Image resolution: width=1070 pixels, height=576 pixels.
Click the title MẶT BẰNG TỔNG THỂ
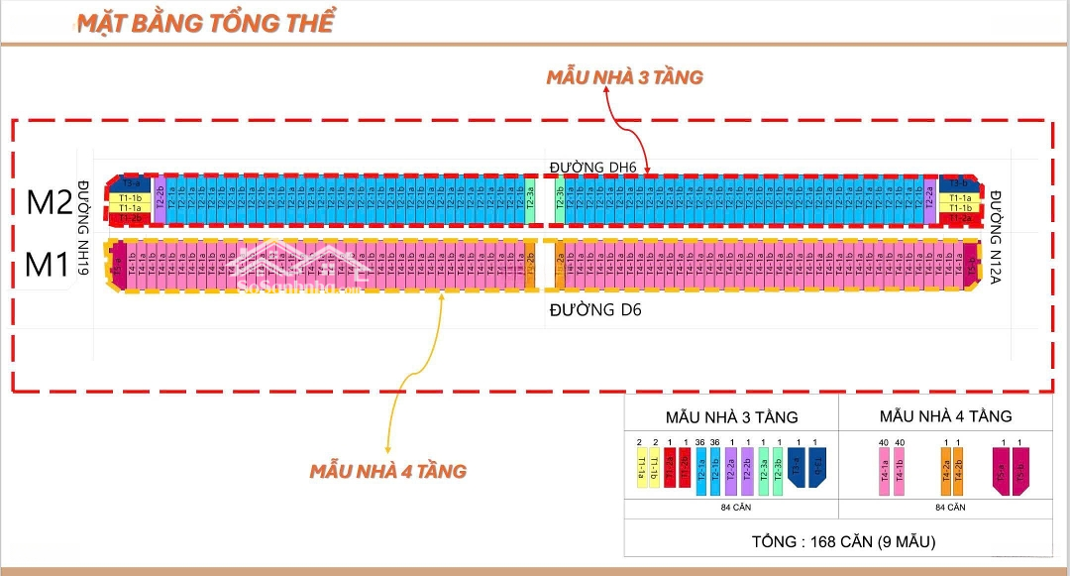click(x=205, y=24)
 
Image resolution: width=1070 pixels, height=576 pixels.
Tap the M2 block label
click(x=50, y=202)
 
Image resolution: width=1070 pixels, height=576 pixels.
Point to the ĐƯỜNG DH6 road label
click(x=592, y=166)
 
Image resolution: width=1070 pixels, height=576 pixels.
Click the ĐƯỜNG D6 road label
click(x=595, y=310)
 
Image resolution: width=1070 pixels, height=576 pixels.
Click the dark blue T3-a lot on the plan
click(x=129, y=184)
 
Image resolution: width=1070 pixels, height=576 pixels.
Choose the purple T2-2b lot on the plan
click(x=160, y=202)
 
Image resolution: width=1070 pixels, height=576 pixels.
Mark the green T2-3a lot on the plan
click(x=530, y=202)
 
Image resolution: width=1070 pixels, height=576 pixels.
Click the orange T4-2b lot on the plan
click(x=530, y=265)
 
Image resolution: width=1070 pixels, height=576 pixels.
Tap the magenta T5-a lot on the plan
click(x=118, y=265)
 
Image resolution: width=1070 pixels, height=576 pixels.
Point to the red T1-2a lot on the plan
click(x=959, y=218)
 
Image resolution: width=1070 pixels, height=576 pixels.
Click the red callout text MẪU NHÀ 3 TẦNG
click(x=624, y=77)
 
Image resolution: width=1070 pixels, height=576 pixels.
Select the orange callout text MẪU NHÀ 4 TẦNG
click(x=386, y=471)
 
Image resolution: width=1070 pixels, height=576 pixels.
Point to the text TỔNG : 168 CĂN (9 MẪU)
click(x=837, y=542)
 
